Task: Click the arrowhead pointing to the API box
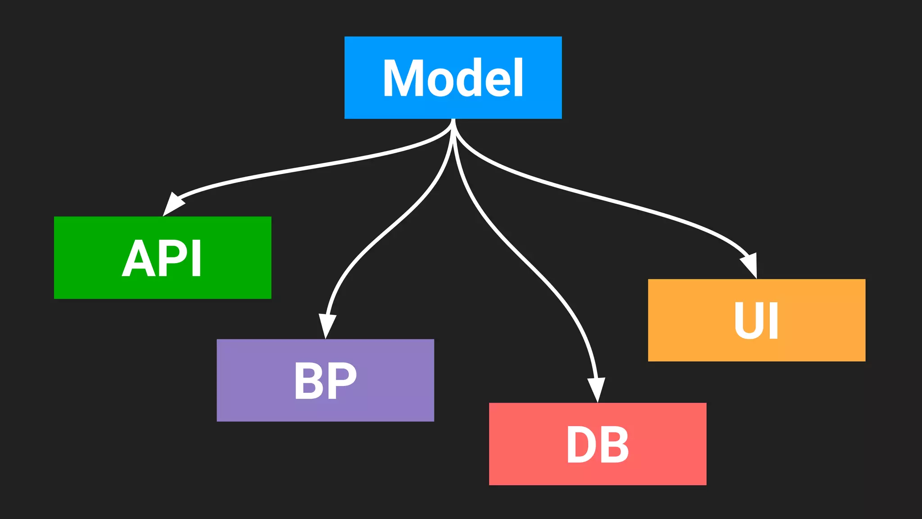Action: pos(172,205)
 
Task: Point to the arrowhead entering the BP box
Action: pos(327,325)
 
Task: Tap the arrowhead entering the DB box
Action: pos(597,389)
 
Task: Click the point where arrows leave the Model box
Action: pos(453,120)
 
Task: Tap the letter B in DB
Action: pos(615,445)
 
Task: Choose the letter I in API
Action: pos(196,259)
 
